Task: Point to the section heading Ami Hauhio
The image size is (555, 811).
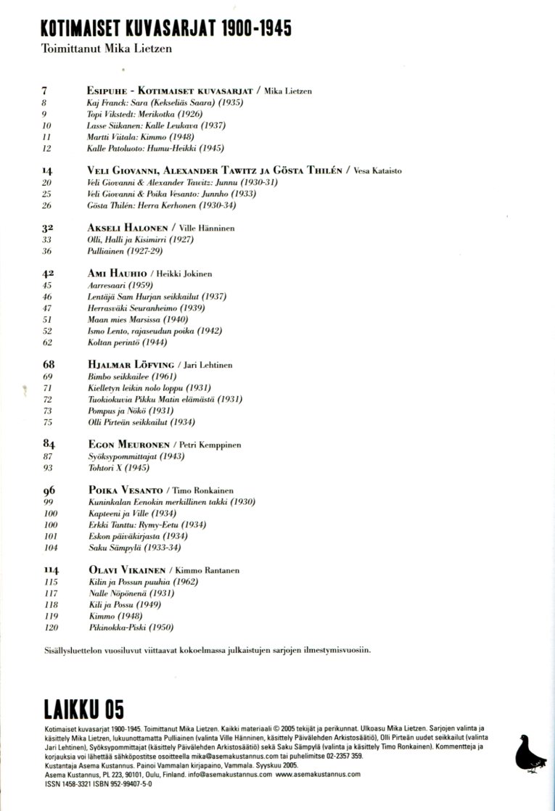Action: (x=118, y=273)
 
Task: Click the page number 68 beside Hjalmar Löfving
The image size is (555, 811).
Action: (x=49, y=365)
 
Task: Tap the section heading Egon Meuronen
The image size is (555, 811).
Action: (x=128, y=444)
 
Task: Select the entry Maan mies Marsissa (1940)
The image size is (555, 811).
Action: (x=137, y=319)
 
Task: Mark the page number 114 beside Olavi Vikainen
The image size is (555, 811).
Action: (x=51, y=571)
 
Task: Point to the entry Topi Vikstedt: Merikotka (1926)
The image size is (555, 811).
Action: (x=144, y=115)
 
